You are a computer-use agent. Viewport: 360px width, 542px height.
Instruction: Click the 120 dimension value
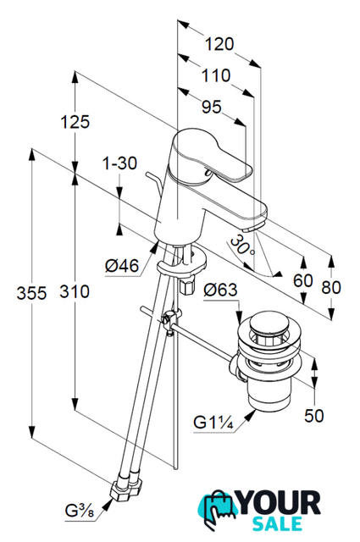point(219,44)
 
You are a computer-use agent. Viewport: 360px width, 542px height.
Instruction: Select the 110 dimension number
point(216,75)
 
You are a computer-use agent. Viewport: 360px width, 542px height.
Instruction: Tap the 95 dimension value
point(211,107)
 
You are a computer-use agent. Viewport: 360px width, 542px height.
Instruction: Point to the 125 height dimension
point(75,121)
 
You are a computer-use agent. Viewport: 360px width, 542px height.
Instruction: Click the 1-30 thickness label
point(119,163)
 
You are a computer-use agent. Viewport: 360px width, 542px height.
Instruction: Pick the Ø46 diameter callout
point(122,266)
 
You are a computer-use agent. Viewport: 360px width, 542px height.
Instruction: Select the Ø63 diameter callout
point(220,290)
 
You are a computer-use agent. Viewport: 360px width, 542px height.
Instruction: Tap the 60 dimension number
point(303,280)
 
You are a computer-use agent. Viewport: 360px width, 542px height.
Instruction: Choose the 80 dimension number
point(331,287)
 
